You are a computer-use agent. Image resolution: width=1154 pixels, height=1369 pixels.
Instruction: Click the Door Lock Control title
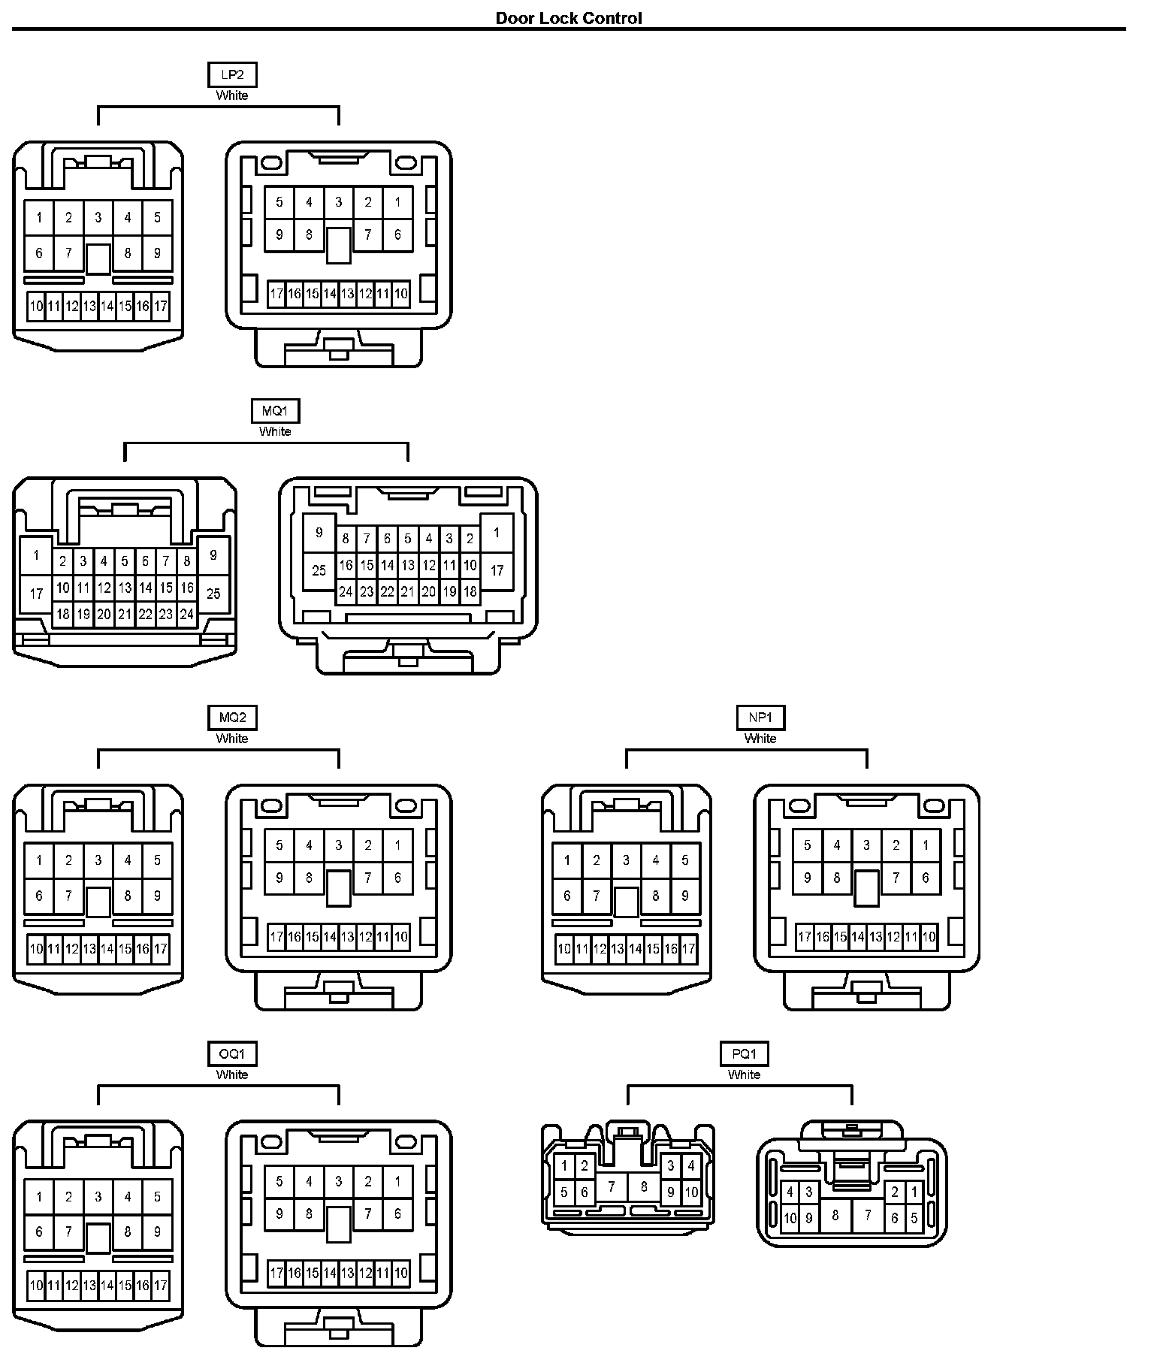tap(569, 18)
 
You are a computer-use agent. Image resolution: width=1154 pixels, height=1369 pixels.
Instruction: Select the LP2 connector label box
tap(231, 75)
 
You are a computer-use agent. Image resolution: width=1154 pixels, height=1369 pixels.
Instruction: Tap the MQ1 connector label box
tap(275, 411)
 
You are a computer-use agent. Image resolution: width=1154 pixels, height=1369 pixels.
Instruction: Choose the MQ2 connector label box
tap(231, 718)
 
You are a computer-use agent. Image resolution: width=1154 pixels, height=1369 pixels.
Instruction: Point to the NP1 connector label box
tap(760, 718)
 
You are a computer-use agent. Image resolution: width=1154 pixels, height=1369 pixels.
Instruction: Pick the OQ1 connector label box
tap(231, 1054)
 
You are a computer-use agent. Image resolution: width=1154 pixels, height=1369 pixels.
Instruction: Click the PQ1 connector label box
tap(744, 1054)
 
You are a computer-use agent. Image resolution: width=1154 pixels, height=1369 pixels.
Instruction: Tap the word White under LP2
tap(231, 95)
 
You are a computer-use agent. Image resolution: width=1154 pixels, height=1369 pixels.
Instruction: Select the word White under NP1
tap(760, 739)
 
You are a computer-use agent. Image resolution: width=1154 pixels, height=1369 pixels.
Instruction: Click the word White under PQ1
tap(744, 1074)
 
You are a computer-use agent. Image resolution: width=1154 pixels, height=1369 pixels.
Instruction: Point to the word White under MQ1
tap(275, 431)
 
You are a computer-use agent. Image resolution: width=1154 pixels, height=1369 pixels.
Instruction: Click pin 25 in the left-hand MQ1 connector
tap(213, 594)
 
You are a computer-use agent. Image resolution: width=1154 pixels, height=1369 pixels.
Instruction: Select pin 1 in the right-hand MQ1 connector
tap(497, 533)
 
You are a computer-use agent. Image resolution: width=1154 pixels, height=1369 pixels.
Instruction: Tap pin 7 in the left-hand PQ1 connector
tap(612, 1186)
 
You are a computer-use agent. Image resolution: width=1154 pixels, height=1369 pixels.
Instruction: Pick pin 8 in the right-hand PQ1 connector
tap(835, 1215)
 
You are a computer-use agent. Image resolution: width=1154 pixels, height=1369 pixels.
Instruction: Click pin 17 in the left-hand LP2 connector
tap(160, 307)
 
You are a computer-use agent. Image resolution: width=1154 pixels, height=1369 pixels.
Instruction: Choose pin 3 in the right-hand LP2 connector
tap(339, 201)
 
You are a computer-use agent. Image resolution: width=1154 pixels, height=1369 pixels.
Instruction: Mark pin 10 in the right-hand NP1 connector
tap(929, 937)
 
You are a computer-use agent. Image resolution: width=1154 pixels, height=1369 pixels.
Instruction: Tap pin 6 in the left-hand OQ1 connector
tap(39, 1231)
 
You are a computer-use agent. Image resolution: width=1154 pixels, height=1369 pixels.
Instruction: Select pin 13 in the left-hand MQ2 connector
tap(89, 949)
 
